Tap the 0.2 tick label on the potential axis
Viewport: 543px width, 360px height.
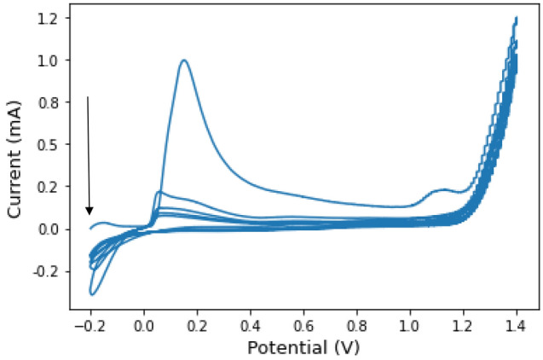(x=197, y=324)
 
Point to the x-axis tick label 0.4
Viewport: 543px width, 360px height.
(x=250, y=324)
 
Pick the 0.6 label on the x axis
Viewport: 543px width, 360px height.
(x=303, y=324)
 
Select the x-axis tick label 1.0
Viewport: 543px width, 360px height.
(x=410, y=324)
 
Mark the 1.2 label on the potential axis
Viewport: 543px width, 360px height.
(x=463, y=324)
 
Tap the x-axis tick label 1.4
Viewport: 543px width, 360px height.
(x=517, y=324)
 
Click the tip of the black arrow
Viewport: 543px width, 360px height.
(x=90, y=214)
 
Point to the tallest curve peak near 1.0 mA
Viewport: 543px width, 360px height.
(x=183, y=60)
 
